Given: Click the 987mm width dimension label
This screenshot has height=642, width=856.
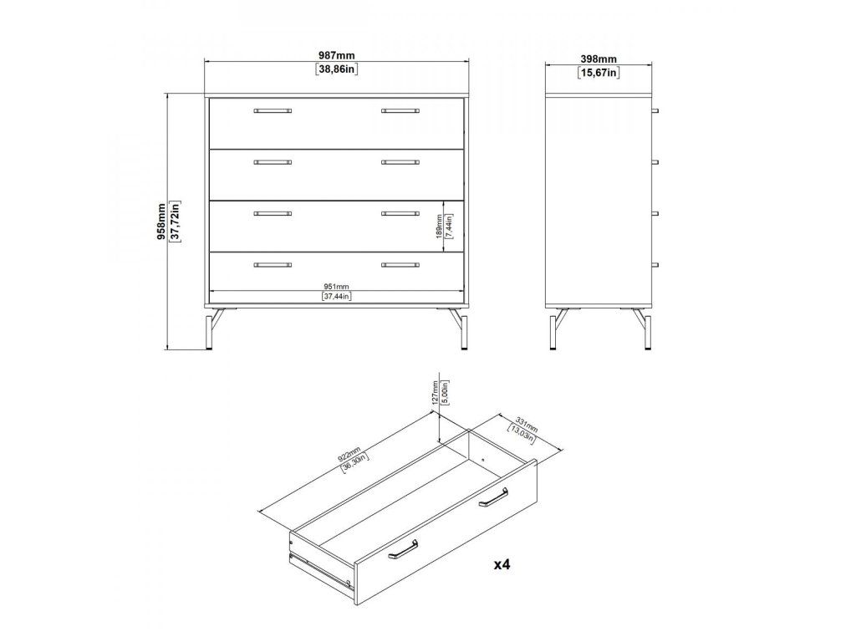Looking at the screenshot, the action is (336, 55).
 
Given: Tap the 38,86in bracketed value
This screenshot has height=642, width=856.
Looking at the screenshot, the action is (336, 69).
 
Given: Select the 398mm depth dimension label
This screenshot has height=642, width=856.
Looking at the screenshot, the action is (599, 59).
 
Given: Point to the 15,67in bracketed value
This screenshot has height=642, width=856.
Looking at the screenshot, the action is (599, 73).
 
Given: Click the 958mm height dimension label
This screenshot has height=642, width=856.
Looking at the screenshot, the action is (161, 222).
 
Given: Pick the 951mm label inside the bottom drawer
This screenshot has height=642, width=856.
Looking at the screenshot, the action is (336, 286).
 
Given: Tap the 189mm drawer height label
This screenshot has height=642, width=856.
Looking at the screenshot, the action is (438, 226).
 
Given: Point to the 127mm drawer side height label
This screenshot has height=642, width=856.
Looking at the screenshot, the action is (435, 391).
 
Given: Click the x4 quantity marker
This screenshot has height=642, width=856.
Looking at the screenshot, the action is (502, 564).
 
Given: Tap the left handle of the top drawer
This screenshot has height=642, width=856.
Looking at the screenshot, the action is (273, 111).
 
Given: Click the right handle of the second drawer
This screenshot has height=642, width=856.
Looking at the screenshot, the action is (400, 162).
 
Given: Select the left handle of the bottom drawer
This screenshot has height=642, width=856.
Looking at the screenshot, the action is (273, 265).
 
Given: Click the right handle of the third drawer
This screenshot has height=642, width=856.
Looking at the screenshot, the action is (400, 213).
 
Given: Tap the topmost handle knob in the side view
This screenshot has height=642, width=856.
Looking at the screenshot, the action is (655, 111).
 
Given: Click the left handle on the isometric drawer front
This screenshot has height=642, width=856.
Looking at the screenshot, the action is (403, 549).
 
